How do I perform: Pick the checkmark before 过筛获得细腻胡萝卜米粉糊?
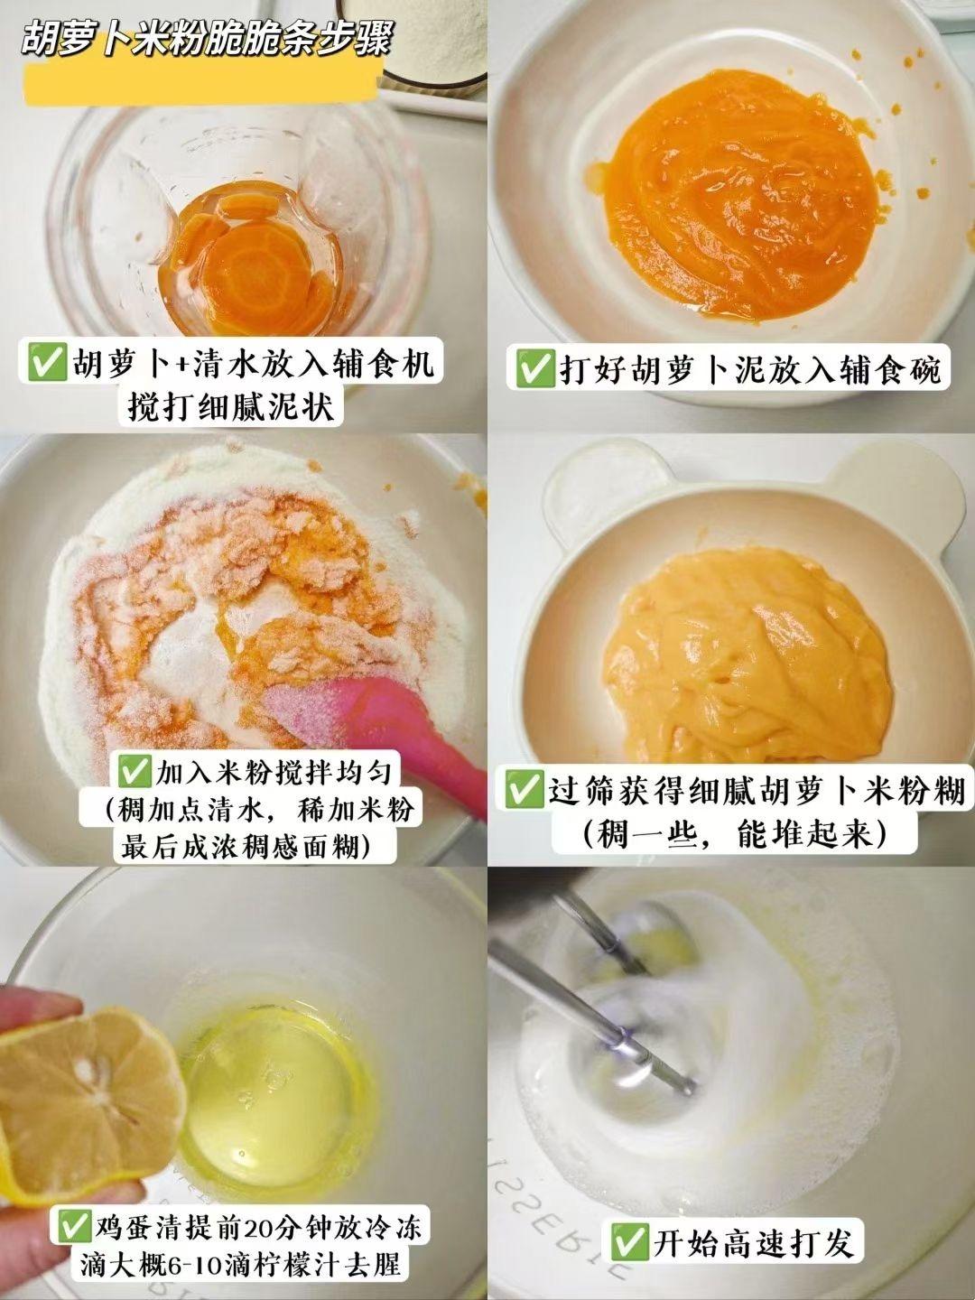click(524, 791)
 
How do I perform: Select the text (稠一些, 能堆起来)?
click(734, 835)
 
